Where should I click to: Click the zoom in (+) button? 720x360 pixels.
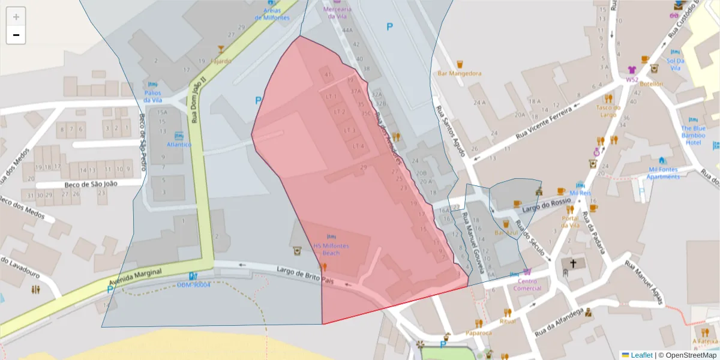click(x=16, y=17)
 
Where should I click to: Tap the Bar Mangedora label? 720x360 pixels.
click(x=460, y=73)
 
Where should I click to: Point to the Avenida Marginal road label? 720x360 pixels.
click(x=135, y=277)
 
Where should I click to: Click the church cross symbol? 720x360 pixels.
click(x=573, y=263)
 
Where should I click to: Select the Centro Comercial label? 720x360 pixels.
click(x=527, y=284)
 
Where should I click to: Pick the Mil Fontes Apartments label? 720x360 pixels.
click(x=663, y=173)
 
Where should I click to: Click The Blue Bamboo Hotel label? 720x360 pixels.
click(x=693, y=135)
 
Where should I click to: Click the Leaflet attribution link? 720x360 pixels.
click(x=641, y=355)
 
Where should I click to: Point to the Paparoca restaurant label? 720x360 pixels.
click(x=478, y=333)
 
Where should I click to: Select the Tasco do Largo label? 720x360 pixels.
click(x=607, y=111)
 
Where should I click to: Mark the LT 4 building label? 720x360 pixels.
click(x=359, y=146)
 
